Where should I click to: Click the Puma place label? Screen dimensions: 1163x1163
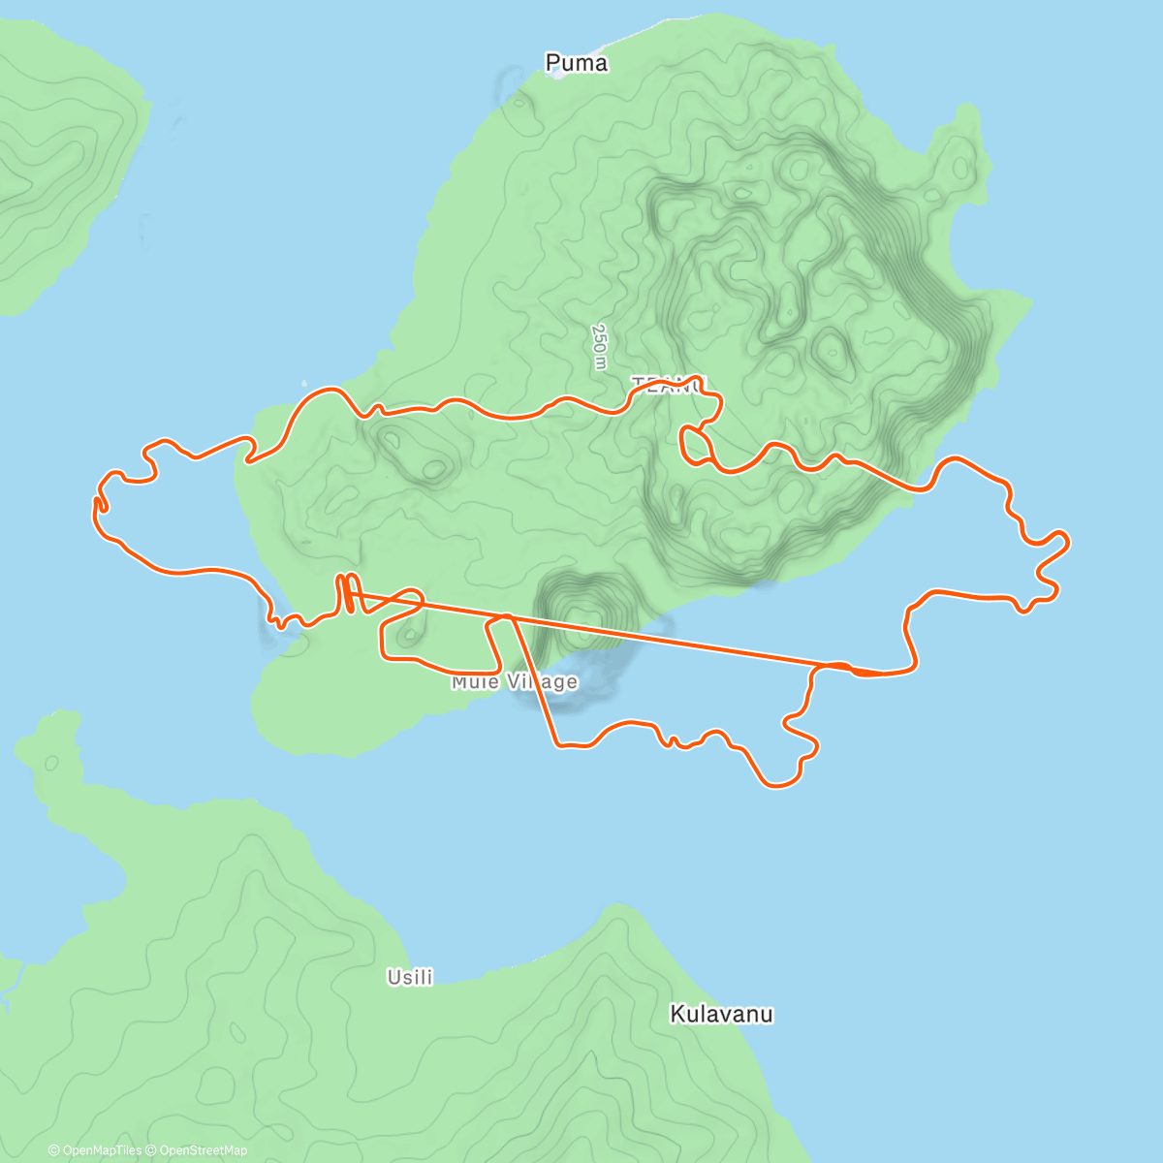click(x=577, y=64)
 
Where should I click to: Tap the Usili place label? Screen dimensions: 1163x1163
click(x=410, y=977)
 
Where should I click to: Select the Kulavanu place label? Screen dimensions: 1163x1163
click(x=722, y=1015)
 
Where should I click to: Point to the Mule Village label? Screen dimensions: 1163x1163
click(x=514, y=682)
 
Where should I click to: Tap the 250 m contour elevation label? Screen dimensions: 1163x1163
click(x=600, y=346)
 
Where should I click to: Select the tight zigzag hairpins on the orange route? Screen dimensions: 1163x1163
click(x=347, y=593)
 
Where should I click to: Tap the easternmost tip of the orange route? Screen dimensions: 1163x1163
click(x=1067, y=542)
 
